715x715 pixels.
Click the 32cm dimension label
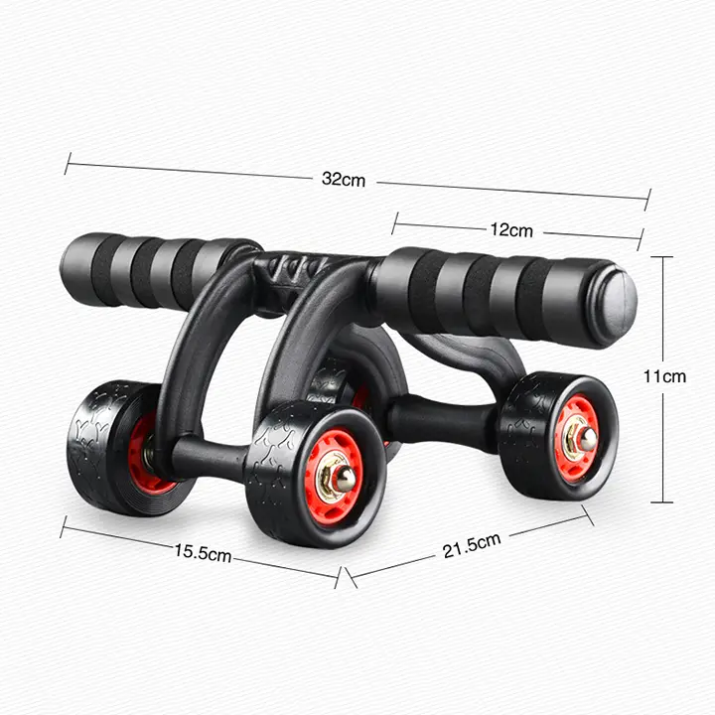coord(344,179)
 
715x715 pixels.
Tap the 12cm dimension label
coord(511,229)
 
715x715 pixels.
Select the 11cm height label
coord(664,376)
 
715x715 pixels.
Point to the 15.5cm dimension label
coord(203,553)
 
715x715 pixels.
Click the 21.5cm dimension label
coord(472,545)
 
